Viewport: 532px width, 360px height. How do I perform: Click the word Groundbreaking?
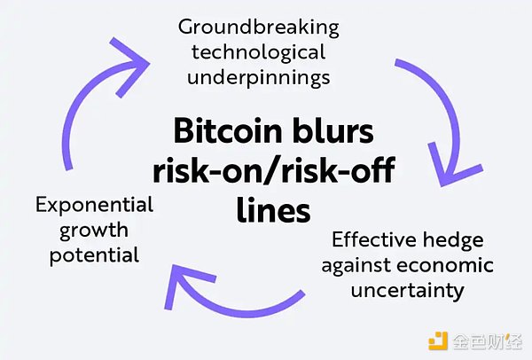(x=259, y=28)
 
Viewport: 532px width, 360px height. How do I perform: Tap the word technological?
(x=259, y=53)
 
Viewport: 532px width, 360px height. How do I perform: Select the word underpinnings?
(x=259, y=78)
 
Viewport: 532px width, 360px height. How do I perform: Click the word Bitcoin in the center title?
(x=228, y=131)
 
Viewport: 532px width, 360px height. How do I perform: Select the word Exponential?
(x=95, y=206)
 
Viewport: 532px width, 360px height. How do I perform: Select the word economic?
(x=445, y=264)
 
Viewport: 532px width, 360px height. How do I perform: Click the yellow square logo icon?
(x=438, y=340)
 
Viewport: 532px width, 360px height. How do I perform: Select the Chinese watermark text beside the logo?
(x=487, y=341)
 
